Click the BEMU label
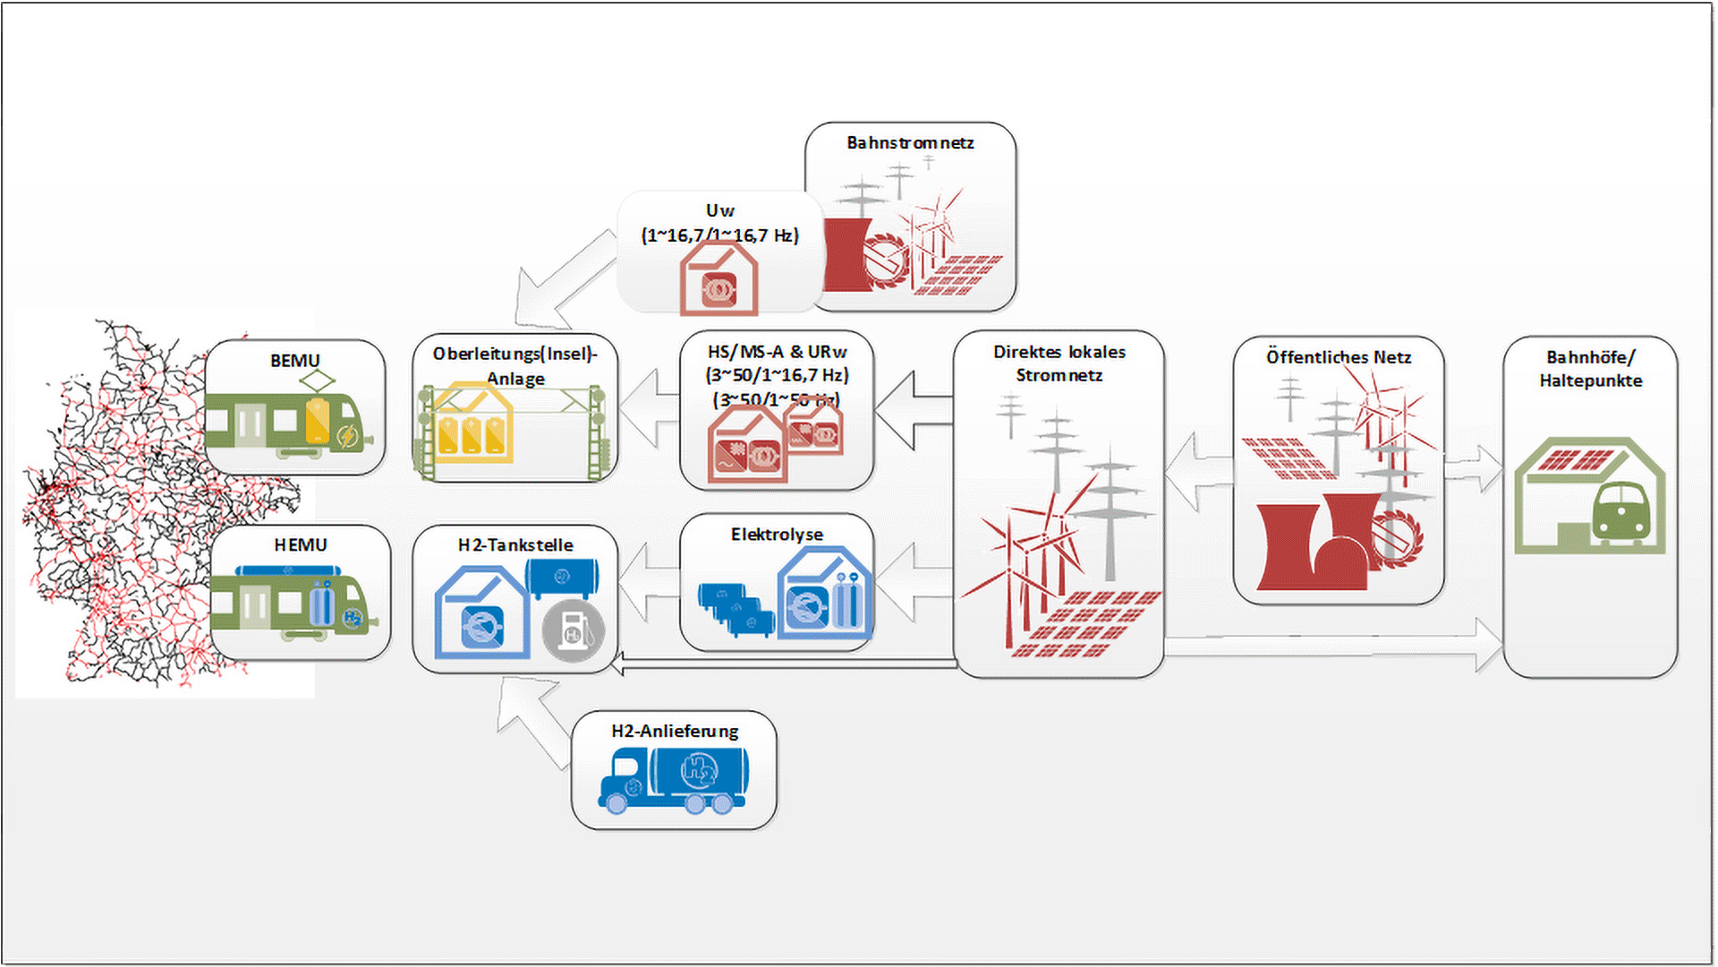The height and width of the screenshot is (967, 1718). click(x=294, y=360)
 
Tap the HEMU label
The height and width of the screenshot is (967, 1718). click(x=300, y=544)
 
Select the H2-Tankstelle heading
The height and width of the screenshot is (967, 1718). click(x=515, y=544)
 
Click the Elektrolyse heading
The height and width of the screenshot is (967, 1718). click(x=777, y=535)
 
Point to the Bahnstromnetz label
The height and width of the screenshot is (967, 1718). click(x=910, y=142)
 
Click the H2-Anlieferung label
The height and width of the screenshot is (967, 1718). click(x=675, y=731)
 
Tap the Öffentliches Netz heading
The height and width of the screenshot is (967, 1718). click(x=1339, y=357)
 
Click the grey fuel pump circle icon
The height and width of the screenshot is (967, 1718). click(x=574, y=630)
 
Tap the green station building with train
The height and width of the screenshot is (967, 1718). click(x=1590, y=496)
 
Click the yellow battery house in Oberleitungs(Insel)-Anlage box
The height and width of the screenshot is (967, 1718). click(x=472, y=424)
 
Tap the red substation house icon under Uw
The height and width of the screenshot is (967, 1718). click(x=719, y=278)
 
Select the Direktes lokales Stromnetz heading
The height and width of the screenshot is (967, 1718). click(x=1059, y=364)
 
